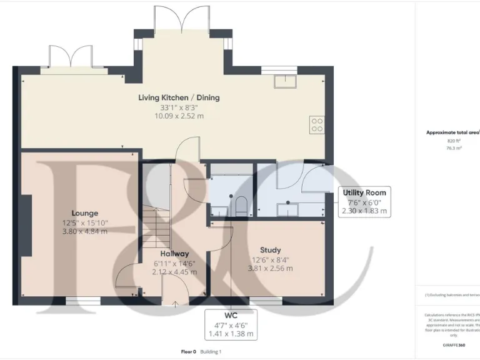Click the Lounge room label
pos(84,213)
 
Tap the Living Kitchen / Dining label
pos(179,97)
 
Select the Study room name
pos(270,250)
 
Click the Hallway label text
pos(174,254)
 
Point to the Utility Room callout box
pos(365,201)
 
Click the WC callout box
pos(231,324)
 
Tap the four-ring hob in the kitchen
pos(317,124)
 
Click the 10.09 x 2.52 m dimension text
pos(179,116)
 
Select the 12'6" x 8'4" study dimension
pos(270,259)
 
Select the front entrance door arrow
pos(175,304)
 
